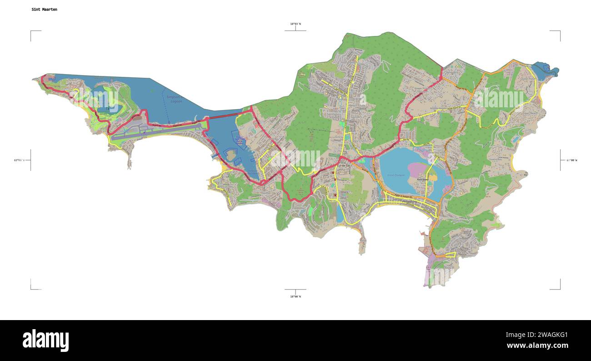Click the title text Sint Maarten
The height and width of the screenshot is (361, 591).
pyautogui.click(x=44, y=9)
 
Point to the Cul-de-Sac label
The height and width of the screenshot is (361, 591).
pyautogui.click(x=344, y=166)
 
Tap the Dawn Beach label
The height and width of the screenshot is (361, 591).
pyautogui.click(x=530, y=113)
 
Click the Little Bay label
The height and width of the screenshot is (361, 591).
pyautogui.click(x=365, y=205)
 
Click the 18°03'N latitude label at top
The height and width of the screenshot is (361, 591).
pyautogui.click(x=295, y=24)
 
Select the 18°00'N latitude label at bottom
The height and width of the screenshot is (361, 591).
pyautogui.click(x=295, y=296)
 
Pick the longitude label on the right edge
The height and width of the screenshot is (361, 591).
pyautogui.click(x=571, y=160)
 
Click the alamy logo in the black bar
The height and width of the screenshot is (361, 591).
pyautogui.click(x=45, y=341)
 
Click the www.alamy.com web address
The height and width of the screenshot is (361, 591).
pyautogui.click(x=537, y=346)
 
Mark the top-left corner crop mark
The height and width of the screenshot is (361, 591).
pyautogui.click(x=31, y=31)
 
